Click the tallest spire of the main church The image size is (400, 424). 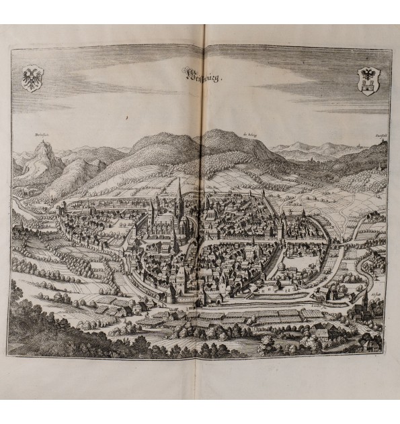click(179, 195)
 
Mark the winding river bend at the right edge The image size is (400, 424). click(374, 268)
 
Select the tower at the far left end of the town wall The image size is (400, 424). click(62, 209)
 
